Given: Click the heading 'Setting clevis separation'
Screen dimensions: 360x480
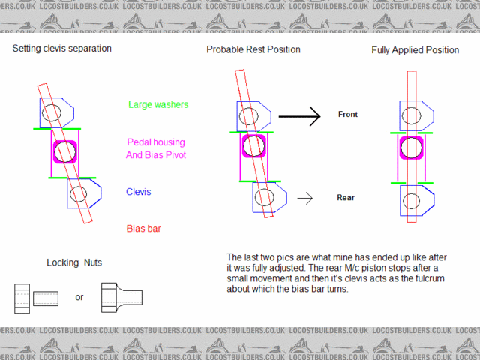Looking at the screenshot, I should (61, 49).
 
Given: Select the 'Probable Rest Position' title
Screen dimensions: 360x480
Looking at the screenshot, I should (253, 49).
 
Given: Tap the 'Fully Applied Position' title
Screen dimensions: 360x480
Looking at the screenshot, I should (415, 51).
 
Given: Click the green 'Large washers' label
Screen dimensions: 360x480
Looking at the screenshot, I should (158, 105).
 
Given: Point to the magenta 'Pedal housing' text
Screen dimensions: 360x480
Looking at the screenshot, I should (155, 142).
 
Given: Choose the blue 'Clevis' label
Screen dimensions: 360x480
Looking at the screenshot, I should (139, 192).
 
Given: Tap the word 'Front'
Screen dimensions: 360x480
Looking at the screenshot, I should (347, 115).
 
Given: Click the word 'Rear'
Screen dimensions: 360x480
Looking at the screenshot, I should (346, 198).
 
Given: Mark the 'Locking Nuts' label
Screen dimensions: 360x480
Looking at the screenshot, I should (73, 262).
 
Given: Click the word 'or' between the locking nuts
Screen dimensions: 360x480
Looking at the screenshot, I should (79, 297).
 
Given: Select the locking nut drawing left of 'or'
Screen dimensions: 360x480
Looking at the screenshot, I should (37, 298).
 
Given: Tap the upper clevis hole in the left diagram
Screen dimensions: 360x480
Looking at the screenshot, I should (51, 113).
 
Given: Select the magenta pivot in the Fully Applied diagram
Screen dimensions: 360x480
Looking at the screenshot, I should (410, 147).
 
